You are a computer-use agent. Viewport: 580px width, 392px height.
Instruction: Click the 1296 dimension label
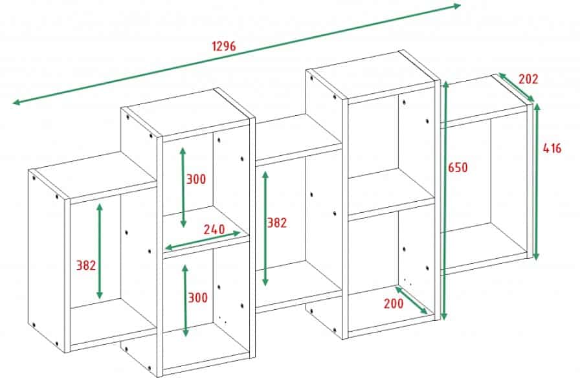point(224,46)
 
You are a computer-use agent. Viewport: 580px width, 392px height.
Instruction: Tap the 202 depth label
point(528,79)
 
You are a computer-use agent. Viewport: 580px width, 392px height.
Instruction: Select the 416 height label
point(552,148)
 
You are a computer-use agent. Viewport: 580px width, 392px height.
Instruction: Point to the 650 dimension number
point(458,168)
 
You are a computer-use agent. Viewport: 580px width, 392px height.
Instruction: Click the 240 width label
point(214,229)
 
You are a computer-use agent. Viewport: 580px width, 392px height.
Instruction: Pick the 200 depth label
point(394,303)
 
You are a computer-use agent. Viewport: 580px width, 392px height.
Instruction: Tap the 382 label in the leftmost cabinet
point(86,265)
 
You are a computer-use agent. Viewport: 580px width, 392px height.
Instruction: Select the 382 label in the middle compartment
point(277,223)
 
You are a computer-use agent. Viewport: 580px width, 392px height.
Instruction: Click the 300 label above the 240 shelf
point(195,179)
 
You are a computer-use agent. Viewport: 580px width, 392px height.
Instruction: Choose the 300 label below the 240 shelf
point(198,298)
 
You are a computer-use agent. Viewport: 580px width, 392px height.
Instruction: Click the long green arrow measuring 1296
point(237,54)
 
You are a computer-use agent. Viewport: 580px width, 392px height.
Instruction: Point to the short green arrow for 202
point(517,87)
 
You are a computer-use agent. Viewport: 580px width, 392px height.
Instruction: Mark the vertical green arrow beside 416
point(537,182)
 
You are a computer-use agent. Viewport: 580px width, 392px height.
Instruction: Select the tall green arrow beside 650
point(445,200)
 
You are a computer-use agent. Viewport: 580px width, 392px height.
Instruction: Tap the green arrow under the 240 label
point(203,241)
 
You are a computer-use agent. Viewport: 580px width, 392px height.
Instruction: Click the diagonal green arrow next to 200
point(411,300)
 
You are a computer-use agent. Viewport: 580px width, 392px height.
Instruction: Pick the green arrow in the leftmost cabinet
point(100,251)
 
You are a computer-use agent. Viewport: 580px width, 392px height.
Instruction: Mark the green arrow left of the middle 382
point(265,228)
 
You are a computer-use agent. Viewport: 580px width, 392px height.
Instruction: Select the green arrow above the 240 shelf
point(183,187)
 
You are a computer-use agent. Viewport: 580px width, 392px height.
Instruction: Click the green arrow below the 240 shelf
point(185,301)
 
